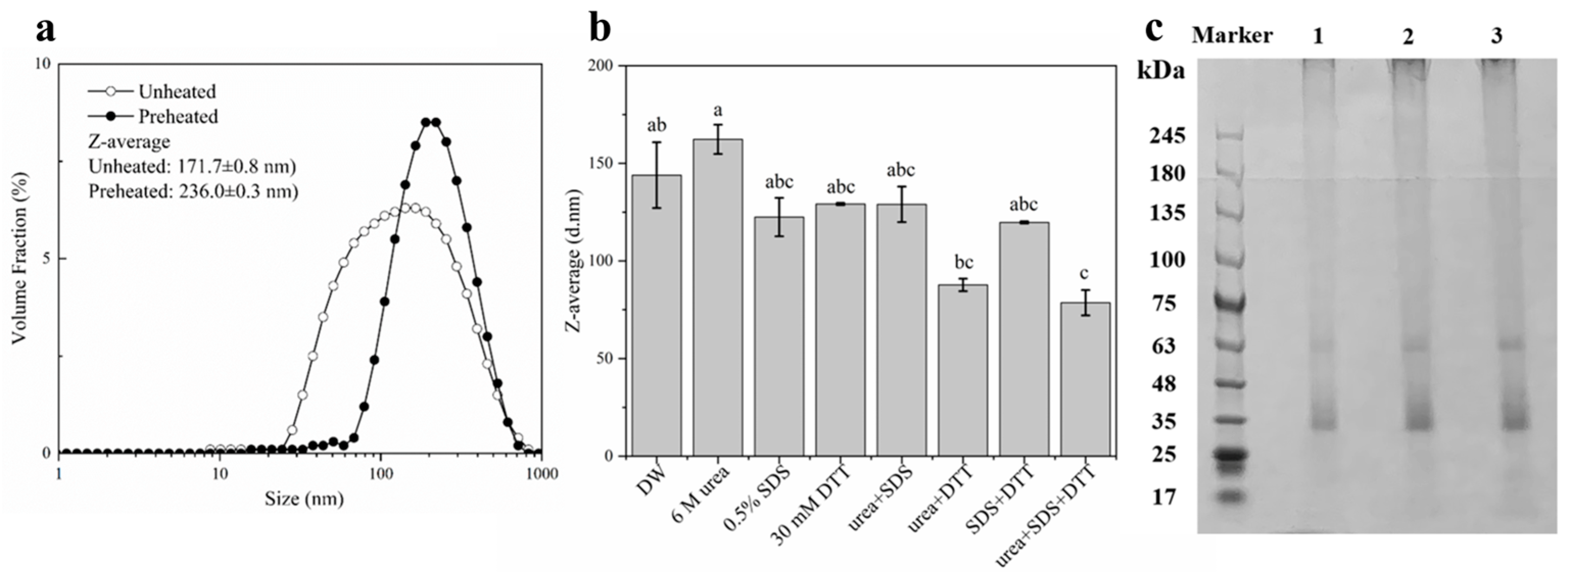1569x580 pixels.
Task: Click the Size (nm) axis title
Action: point(303,499)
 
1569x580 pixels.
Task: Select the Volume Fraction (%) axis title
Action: point(19,258)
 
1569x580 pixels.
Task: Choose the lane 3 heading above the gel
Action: point(1496,37)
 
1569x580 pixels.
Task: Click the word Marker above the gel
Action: point(1232,36)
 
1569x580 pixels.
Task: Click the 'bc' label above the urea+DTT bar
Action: point(963,262)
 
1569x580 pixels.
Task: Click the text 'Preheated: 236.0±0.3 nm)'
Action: point(193,191)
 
